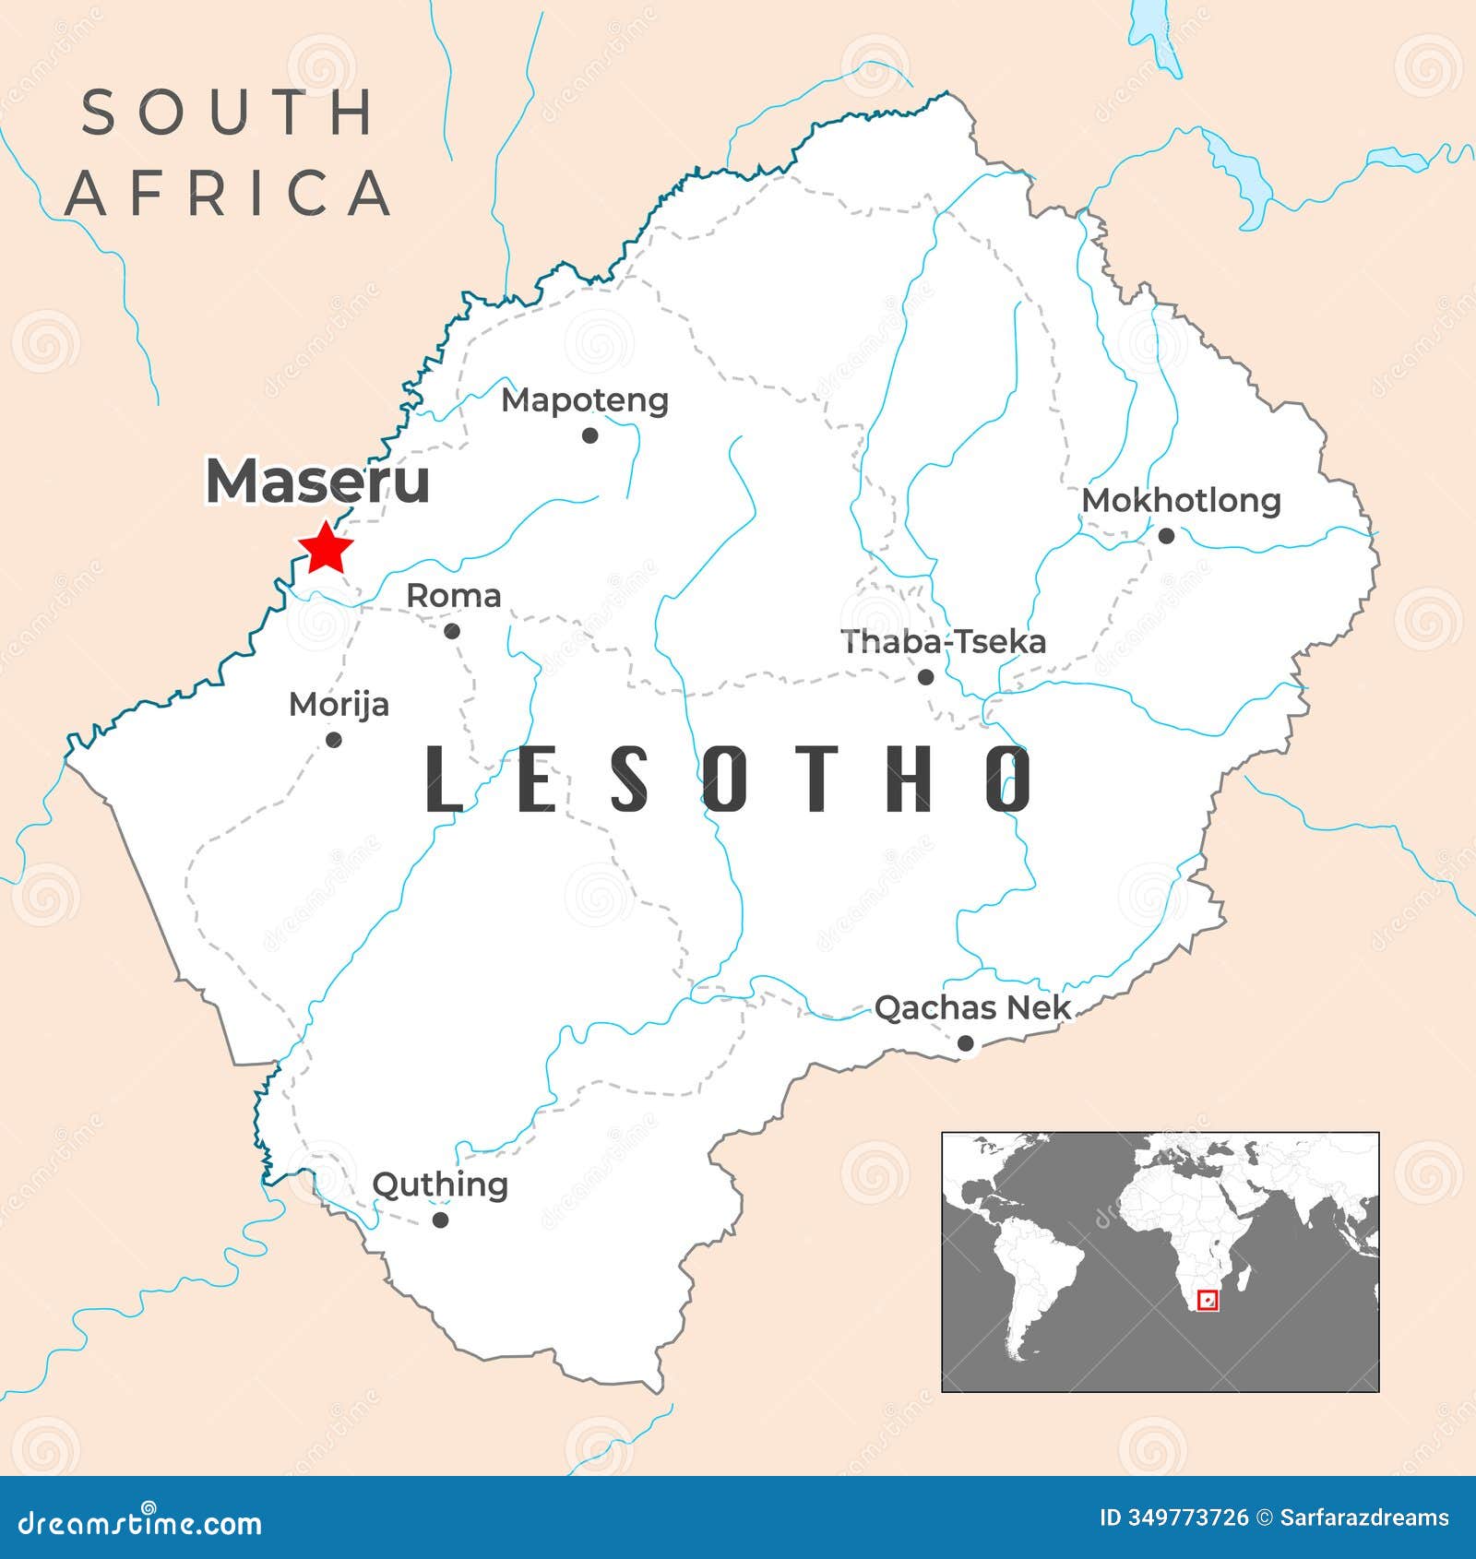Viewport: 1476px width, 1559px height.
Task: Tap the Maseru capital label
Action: pyautogui.click(x=317, y=482)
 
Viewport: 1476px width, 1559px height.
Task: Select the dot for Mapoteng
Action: pyautogui.click(x=590, y=435)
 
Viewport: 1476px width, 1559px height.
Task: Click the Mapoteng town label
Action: pyautogui.click(x=584, y=400)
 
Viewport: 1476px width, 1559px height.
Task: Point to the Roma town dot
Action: pyautogui.click(x=452, y=631)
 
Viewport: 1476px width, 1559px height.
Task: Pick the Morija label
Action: pyautogui.click(x=339, y=706)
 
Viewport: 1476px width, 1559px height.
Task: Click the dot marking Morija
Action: pyautogui.click(x=334, y=740)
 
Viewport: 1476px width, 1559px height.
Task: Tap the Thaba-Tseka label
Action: pyautogui.click(x=943, y=642)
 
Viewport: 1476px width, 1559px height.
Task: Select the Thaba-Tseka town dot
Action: pyautogui.click(x=926, y=677)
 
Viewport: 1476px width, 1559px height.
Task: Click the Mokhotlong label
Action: pyautogui.click(x=1181, y=501)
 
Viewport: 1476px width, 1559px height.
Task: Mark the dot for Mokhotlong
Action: pyautogui.click(x=1166, y=535)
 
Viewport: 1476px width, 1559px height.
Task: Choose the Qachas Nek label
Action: pyautogui.click(x=972, y=1008)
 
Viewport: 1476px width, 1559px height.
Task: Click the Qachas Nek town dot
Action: pyautogui.click(x=965, y=1043)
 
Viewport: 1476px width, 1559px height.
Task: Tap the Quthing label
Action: pyautogui.click(x=440, y=1185)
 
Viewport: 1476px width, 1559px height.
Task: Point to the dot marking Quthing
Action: pyautogui.click(x=441, y=1220)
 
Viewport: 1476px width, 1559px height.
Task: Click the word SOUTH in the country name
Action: pyautogui.click(x=227, y=113)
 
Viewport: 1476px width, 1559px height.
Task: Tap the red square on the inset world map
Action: pyautogui.click(x=1207, y=1301)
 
